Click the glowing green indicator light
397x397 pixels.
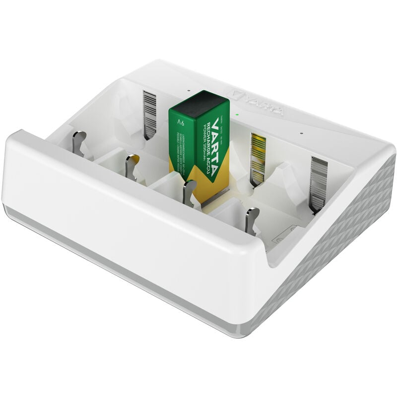pos(238,115)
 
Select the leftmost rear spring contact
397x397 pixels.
pos(149,114)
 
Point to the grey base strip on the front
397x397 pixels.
pos(124,258)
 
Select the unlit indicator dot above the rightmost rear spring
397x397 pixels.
pos(301,132)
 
